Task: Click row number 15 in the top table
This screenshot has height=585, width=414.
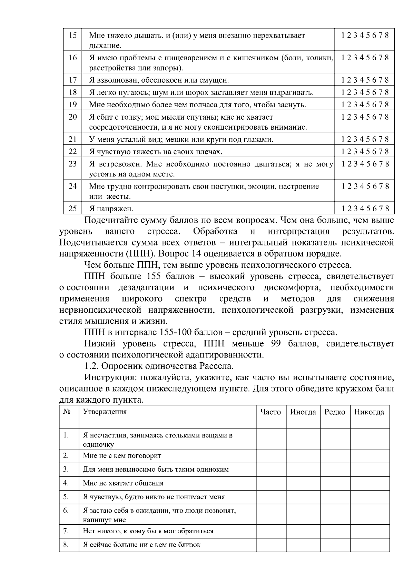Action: [73, 36]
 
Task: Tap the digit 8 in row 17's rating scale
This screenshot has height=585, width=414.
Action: [387, 80]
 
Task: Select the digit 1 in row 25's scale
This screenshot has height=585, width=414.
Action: [343, 209]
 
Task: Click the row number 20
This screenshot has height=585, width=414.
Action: [73, 117]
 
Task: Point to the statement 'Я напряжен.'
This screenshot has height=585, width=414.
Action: [111, 209]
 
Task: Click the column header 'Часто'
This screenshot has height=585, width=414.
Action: [270, 412]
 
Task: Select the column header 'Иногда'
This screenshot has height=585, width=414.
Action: [303, 412]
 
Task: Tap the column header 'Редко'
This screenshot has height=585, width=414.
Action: [335, 412]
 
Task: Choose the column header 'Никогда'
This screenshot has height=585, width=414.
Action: [369, 412]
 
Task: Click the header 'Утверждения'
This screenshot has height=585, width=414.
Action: [105, 412]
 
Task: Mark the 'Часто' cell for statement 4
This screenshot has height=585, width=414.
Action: [271, 483]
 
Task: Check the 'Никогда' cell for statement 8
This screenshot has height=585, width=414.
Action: [370, 545]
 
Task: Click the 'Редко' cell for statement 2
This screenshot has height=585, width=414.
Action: [335, 456]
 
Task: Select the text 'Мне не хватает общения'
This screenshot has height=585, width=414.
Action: [123, 483]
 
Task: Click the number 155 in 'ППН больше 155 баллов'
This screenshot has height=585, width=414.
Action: [154, 276]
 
